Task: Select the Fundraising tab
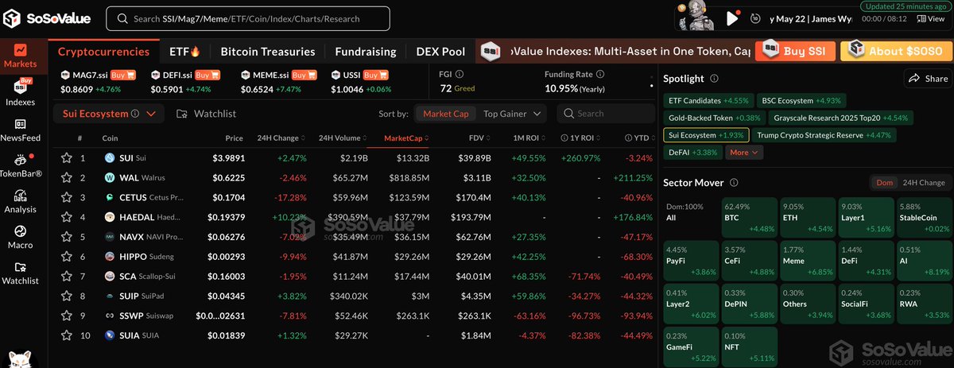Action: pos(365,52)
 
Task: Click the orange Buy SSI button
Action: pos(795,52)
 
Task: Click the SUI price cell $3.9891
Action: pos(229,158)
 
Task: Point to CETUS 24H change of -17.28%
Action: pos(289,196)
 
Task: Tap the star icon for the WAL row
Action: pos(68,177)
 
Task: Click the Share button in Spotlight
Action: pos(928,79)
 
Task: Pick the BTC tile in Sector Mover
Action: pos(748,217)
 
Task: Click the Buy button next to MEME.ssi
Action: pos(299,75)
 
